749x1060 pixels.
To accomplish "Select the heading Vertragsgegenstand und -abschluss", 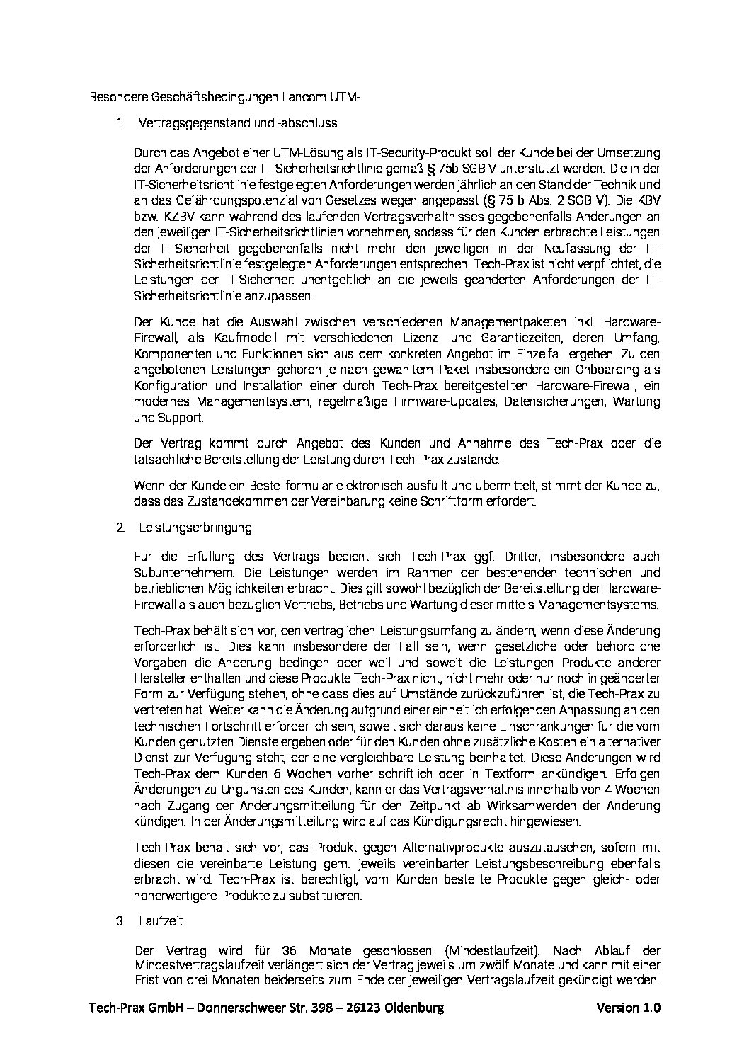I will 239,122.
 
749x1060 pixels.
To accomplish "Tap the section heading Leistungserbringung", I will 195,528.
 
